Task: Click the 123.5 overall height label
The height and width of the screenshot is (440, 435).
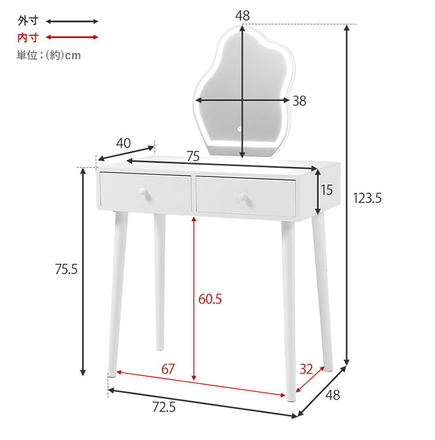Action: click(367, 198)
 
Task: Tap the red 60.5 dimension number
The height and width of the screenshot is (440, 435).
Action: click(210, 299)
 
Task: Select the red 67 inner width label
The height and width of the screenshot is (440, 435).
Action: click(168, 369)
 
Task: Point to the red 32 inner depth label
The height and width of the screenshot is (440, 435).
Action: click(306, 369)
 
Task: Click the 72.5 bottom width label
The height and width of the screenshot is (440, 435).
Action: click(164, 407)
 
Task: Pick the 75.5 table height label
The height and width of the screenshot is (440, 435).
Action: click(66, 269)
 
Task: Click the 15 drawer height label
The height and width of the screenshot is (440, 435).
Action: click(327, 190)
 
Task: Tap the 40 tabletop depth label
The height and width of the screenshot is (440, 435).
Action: click(124, 144)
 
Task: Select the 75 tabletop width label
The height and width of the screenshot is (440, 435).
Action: click(193, 156)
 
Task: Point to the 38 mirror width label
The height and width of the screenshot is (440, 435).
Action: click(299, 101)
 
